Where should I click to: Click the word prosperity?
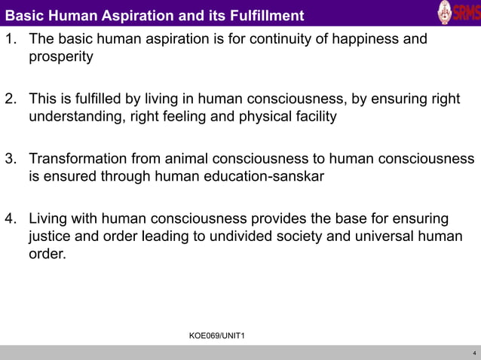[x=60, y=57]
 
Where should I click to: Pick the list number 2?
[x=11, y=99]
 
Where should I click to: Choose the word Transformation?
[x=78, y=159]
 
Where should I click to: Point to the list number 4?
[x=11, y=219]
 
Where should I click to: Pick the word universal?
[x=400, y=238]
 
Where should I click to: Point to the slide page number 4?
[x=473, y=352]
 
